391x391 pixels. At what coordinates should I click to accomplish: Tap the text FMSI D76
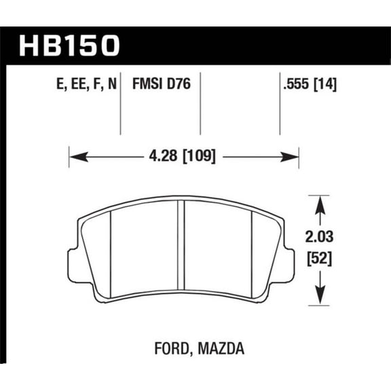pyautogui.click(x=160, y=86)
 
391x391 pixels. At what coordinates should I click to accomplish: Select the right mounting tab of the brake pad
pyautogui.click(x=289, y=259)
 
